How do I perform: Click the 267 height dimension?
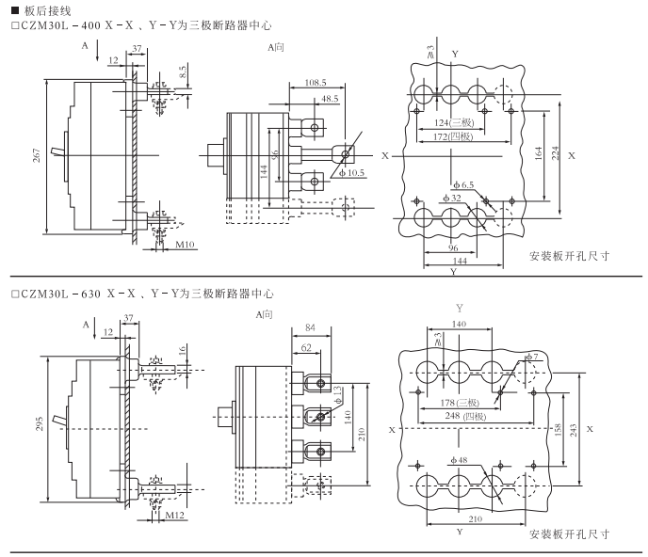pyautogui.click(x=37, y=157)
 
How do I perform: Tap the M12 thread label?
pyautogui.click(x=174, y=516)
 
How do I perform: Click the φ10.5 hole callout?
pyautogui.click(x=355, y=173)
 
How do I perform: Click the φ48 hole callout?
pyautogui.click(x=465, y=460)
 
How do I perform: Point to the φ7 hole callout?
pyautogui.click(x=531, y=358)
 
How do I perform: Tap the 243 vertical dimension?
pyautogui.click(x=574, y=428)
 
